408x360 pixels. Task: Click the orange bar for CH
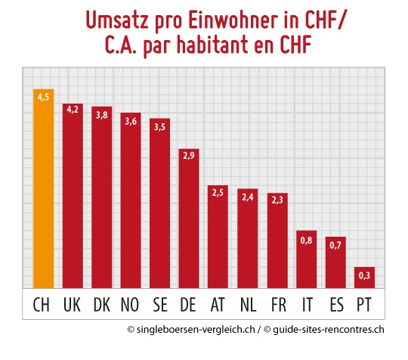point(43,189)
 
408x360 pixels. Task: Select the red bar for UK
point(73,197)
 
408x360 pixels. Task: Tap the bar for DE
point(189,219)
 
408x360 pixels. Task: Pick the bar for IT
point(306,259)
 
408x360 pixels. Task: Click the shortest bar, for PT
point(364,278)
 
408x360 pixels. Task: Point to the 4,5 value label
point(43,96)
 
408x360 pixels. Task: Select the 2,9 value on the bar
point(189,157)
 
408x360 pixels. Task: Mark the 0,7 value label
point(335,245)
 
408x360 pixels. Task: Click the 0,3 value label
point(364,275)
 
